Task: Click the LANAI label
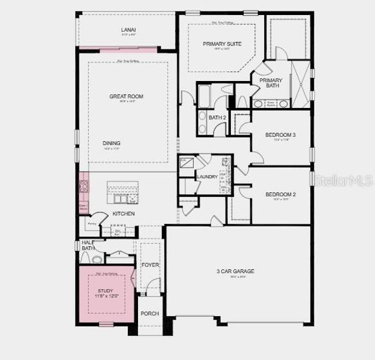(127, 29)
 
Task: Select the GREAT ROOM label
(126, 96)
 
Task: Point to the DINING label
(112, 143)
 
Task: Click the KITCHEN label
(123, 214)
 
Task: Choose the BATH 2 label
(217, 117)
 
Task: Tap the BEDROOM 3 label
(281, 135)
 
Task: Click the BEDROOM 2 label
(281, 194)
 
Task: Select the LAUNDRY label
(206, 177)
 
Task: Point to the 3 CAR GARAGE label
(235, 271)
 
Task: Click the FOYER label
(149, 264)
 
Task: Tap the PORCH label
(149, 314)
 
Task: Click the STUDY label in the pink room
(105, 290)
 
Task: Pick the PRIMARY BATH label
(271, 83)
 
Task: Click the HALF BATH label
(88, 245)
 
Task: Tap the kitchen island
(124, 193)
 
